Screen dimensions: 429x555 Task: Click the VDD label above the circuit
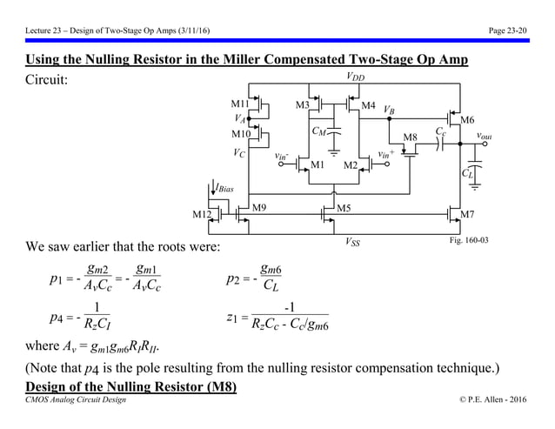[x=356, y=78]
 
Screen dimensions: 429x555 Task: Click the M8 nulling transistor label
[x=411, y=137]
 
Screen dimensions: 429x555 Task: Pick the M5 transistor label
[x=343, y=207]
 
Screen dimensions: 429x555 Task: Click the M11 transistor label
[x=240, y=104]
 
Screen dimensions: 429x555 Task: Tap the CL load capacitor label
[x=468, y=173]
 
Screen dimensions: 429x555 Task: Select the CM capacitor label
[x=319, y=131]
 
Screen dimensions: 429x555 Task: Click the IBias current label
[x=224, y=188]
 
